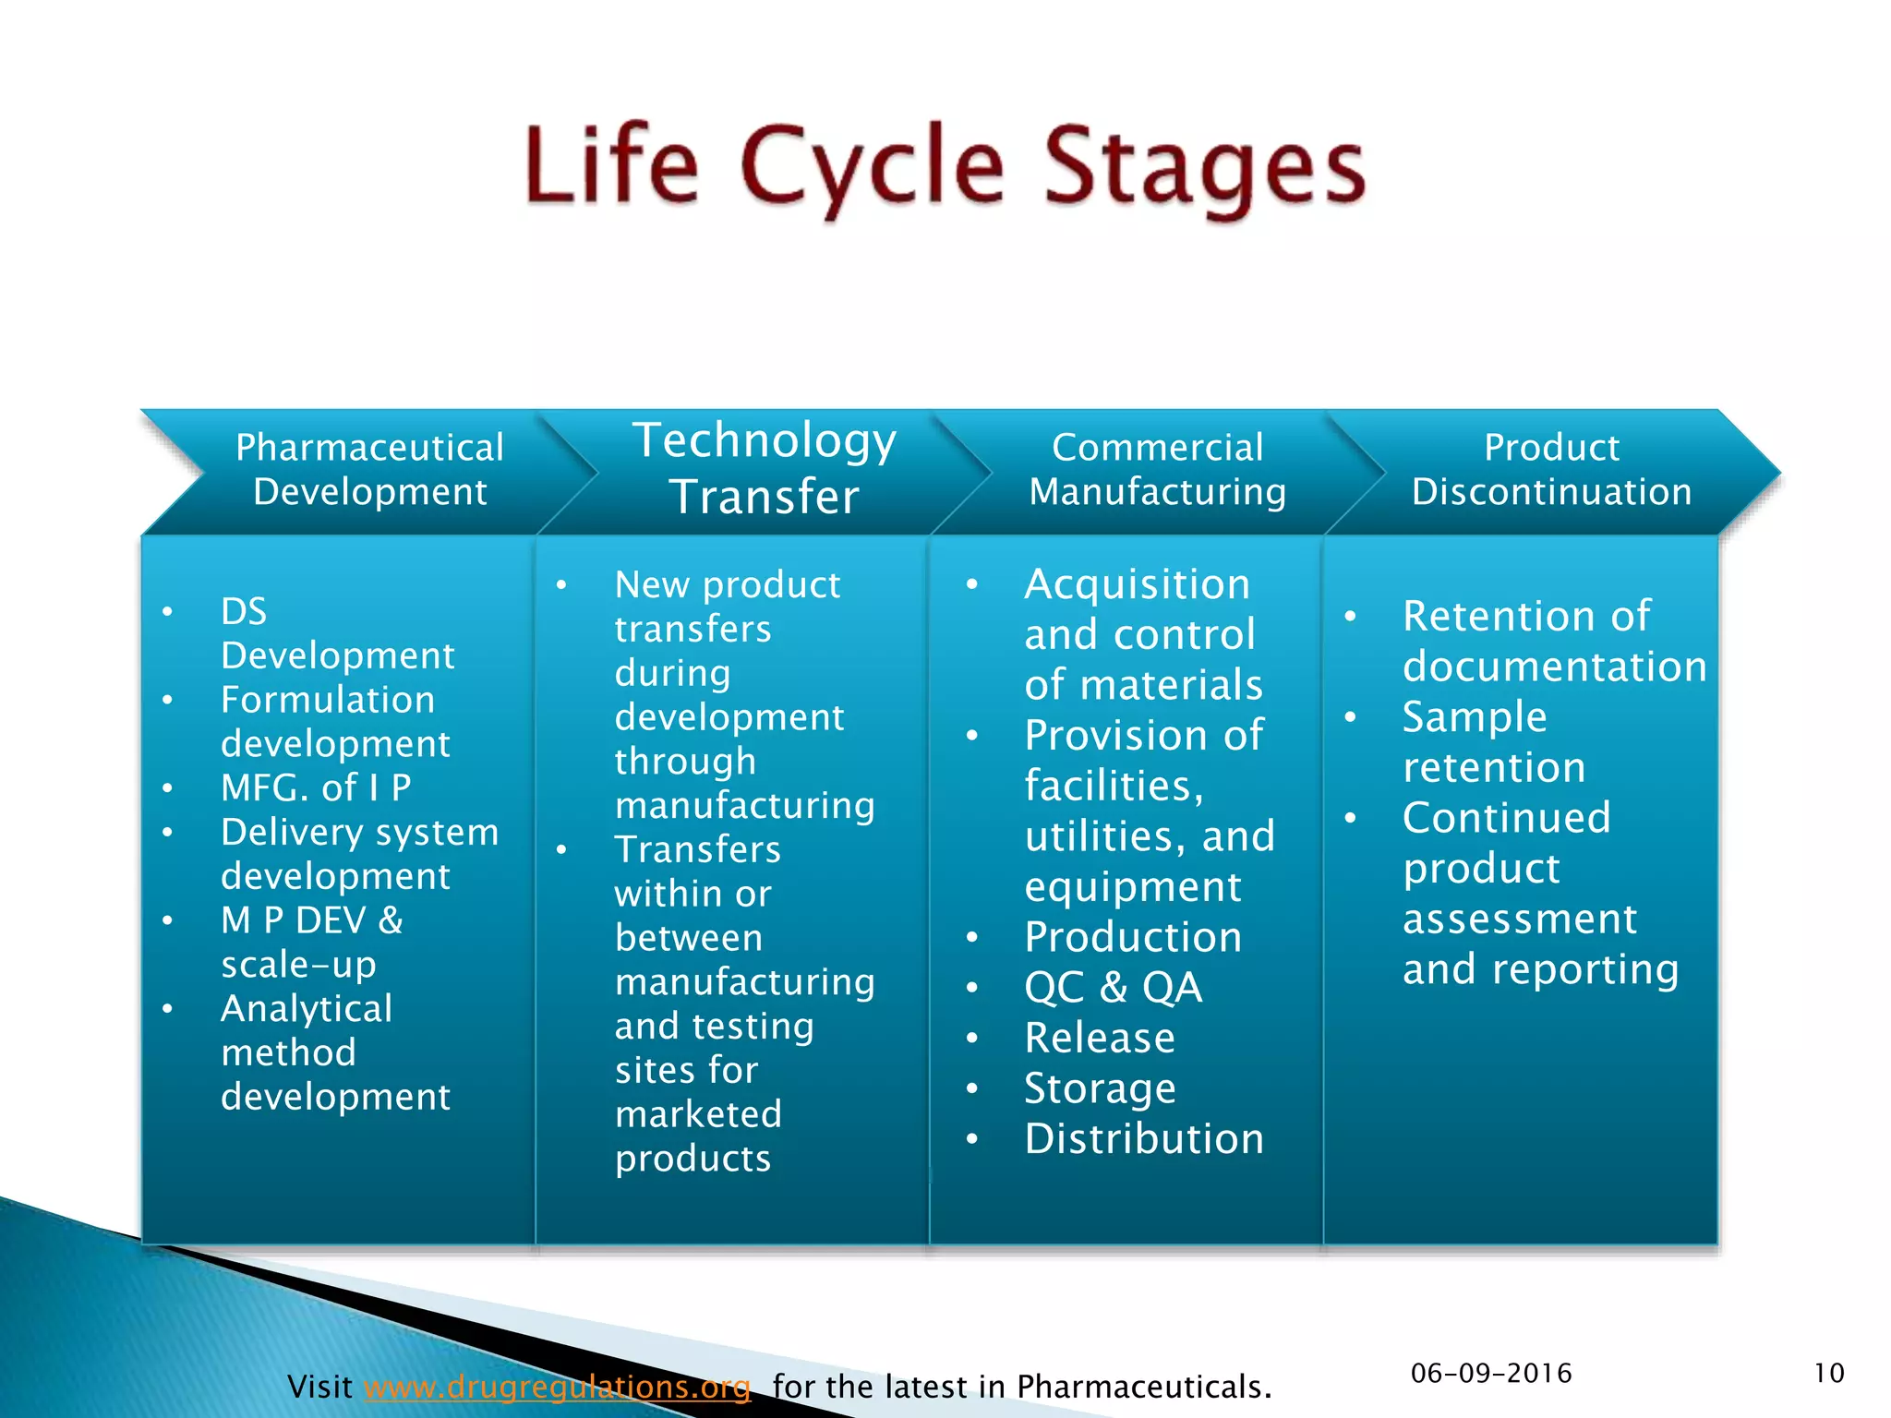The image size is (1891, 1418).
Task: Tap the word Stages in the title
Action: (1204, 168)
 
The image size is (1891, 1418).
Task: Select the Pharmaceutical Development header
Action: (369, 469)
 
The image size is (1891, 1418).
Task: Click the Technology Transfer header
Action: (765, 468)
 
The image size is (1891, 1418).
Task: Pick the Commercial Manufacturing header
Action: (1158, 469)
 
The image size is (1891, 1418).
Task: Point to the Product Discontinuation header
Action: (1551, 469)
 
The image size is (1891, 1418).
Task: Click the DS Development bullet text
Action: (337, 633)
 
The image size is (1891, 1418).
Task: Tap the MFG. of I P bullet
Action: (316, 787)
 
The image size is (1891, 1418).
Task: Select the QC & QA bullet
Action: (1114, 987)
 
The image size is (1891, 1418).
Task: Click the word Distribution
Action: (1144, 1138)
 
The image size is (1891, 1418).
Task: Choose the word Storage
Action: (1101, 1088)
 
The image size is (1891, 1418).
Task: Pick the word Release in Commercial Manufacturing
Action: (1100, 1038)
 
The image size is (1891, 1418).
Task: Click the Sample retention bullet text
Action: (1493, 741)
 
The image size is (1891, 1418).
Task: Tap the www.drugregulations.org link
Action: (557, 1386)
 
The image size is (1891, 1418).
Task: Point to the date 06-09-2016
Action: (1490, 1373)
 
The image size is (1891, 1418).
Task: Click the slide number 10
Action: (1828, 1373)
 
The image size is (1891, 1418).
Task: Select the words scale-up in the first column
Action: (298, 964)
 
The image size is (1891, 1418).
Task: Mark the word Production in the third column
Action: (1133, 937)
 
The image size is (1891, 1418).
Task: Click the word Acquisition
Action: (1137, 584)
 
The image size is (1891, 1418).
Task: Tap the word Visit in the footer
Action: (319, 1386)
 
